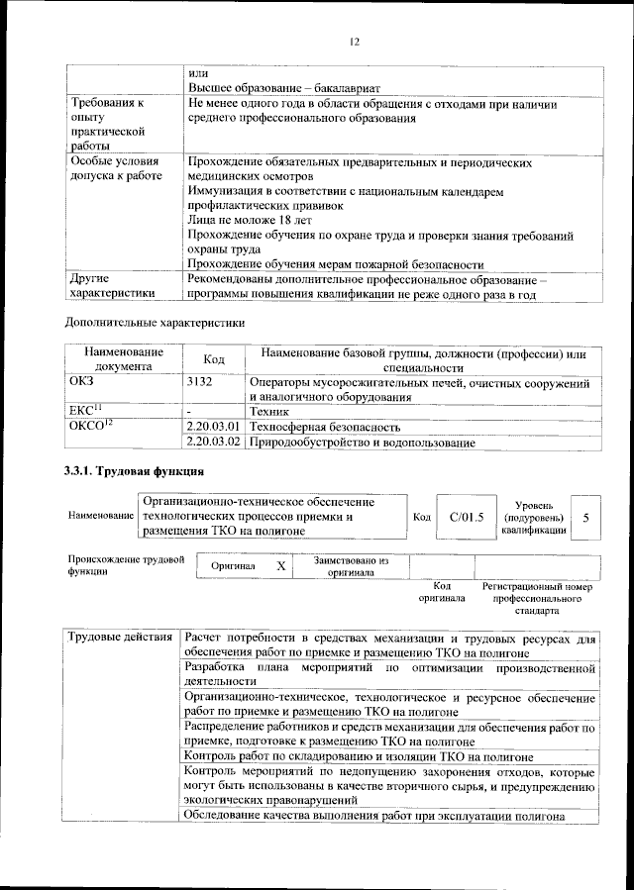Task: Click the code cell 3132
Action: [200, 381]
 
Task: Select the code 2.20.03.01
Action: [214, 427]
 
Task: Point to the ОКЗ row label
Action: [82, 381]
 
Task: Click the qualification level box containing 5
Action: [586, 517]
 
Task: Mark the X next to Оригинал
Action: [281, 565]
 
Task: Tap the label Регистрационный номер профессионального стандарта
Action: [538, 599]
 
